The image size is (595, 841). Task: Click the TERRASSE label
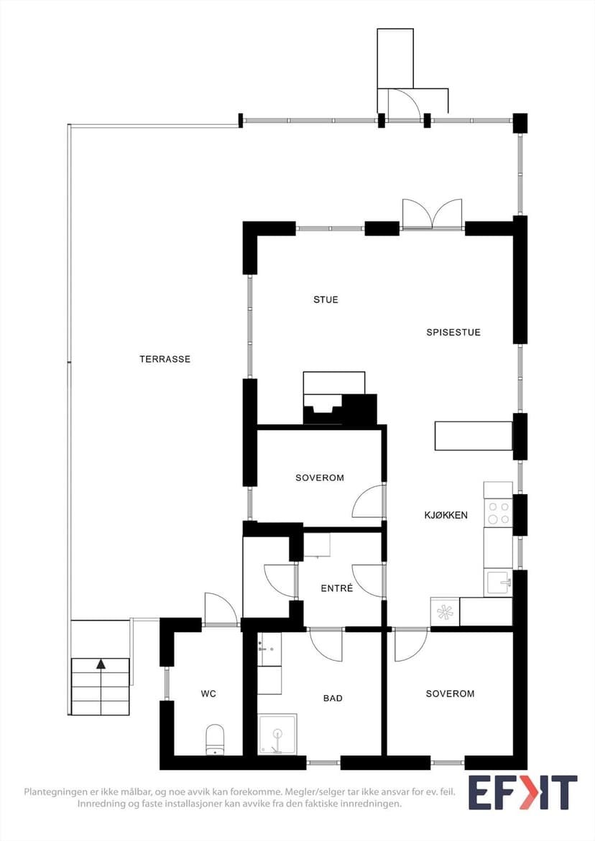165,359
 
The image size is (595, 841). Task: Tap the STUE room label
326,299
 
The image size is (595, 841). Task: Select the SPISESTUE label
453,333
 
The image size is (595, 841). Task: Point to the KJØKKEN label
446,516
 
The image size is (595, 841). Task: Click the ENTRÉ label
337,588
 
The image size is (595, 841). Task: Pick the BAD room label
333,698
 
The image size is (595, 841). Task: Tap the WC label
208,694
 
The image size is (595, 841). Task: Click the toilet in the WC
215,740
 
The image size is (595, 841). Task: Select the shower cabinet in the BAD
277,734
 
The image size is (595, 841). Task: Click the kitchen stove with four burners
499,513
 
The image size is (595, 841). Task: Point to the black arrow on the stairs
101,664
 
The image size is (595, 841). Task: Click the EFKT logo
522,792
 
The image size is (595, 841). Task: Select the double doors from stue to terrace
433,215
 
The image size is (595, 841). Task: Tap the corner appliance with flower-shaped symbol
445,611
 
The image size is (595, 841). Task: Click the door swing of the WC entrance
221,608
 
